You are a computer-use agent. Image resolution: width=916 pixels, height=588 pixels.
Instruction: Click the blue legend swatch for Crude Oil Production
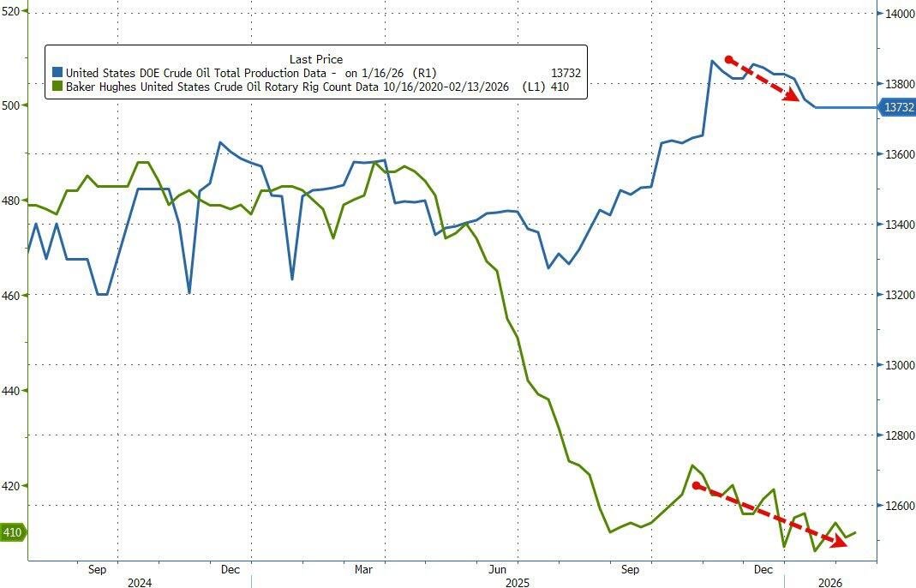[57, 73]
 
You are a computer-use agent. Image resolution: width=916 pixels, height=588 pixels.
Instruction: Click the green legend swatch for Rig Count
[57, 87]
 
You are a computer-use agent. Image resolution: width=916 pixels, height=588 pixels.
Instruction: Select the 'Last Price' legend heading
[315, 59]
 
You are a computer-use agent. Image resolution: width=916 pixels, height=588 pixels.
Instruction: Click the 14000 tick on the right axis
[898, 14]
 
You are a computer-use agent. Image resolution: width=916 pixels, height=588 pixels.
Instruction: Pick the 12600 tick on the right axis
[898, 506]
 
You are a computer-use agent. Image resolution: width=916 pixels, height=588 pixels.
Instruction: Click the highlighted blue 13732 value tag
[897, 107]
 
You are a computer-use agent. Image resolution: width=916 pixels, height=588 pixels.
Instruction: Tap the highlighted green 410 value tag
[13, 532]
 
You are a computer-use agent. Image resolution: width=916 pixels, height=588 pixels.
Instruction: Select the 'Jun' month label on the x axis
[497, 569]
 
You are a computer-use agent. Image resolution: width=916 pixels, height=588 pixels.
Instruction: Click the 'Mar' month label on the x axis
[362, 569]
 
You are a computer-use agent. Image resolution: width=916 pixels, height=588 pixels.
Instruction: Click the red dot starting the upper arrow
[729, 60]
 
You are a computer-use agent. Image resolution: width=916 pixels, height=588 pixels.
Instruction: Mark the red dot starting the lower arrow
[695, 486]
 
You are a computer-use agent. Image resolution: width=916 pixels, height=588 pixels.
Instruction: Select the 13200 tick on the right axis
[898, 295]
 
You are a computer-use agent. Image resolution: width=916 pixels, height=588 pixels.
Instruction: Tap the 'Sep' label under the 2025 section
[631, 569]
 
